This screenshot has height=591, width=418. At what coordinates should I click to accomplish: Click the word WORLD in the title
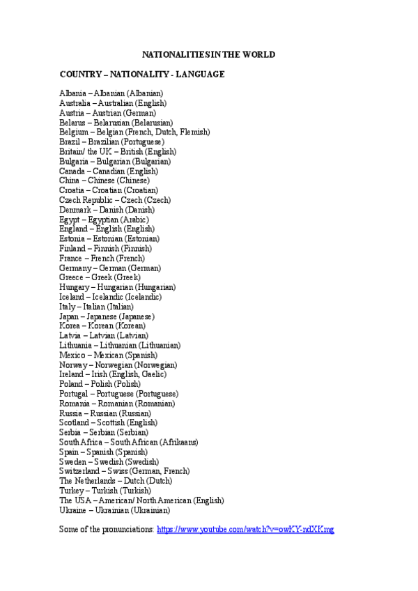[258, 54]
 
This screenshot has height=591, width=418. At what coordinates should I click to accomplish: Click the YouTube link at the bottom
[245, 529]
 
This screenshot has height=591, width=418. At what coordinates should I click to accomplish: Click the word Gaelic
[153, 374]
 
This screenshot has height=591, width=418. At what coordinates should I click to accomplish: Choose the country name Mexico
[72, 355]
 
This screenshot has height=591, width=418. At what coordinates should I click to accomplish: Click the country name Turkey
[72, 491]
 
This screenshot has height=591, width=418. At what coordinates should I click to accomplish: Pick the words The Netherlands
[86, 481]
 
